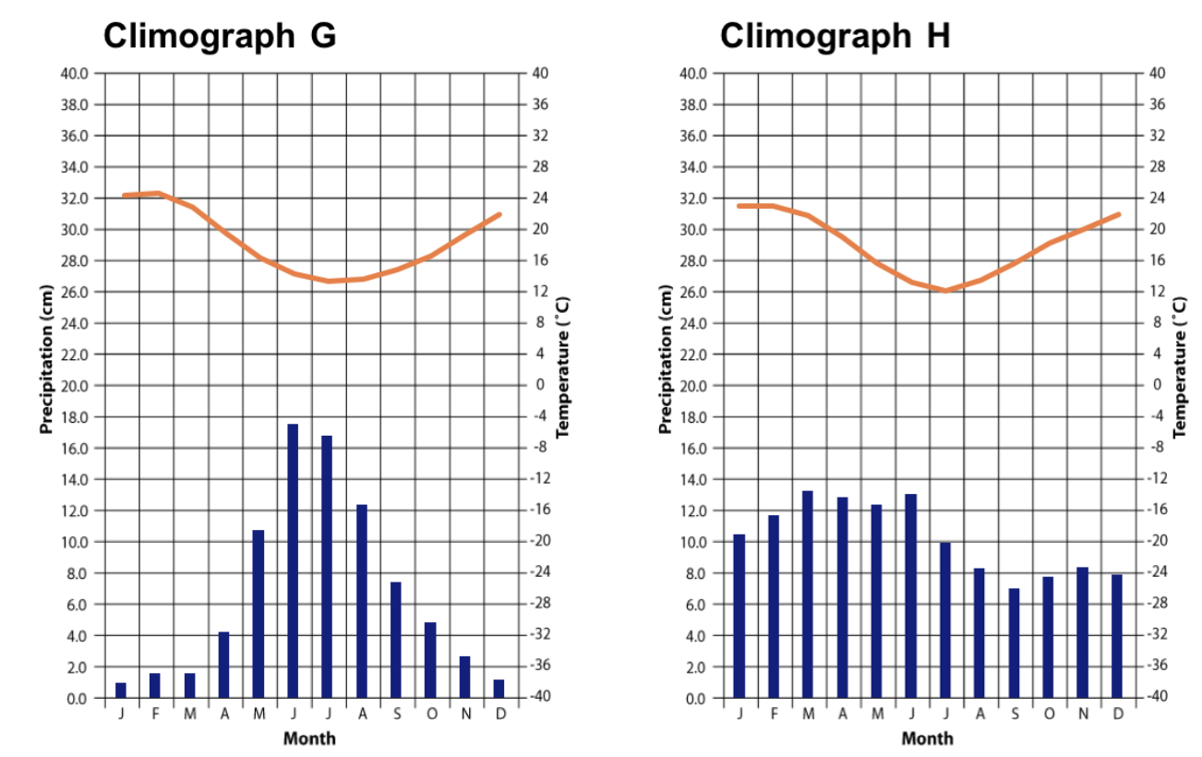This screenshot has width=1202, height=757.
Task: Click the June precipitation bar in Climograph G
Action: pos(293,560)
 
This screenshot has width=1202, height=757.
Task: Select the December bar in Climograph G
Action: pos(499,689)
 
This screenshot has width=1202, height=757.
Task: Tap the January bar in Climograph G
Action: pos(121,690)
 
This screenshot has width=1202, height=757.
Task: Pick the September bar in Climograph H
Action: pos(1014,643)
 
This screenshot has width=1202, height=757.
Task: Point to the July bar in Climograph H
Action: pos(945,619)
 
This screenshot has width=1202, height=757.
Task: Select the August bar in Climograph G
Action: pos(362,601)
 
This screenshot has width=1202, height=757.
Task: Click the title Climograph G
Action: pos(219,36)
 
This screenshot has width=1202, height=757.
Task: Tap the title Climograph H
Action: pos(835,36)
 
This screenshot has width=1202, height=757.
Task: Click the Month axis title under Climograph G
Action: pos(309,738)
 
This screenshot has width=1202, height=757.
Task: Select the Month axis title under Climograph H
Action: pos(927,738)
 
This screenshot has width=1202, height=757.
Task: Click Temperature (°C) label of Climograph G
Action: pos(563,366)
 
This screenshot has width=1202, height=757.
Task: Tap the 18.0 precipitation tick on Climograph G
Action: pos(76,417)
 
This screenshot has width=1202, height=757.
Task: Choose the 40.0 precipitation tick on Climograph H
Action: pos(693,74)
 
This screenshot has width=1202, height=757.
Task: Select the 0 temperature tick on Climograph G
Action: pos(538,385)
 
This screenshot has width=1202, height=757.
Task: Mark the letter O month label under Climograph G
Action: pos(430,715)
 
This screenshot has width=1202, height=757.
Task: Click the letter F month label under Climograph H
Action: pos(773,715)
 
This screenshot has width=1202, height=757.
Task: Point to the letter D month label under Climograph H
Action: pos(1117,715)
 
